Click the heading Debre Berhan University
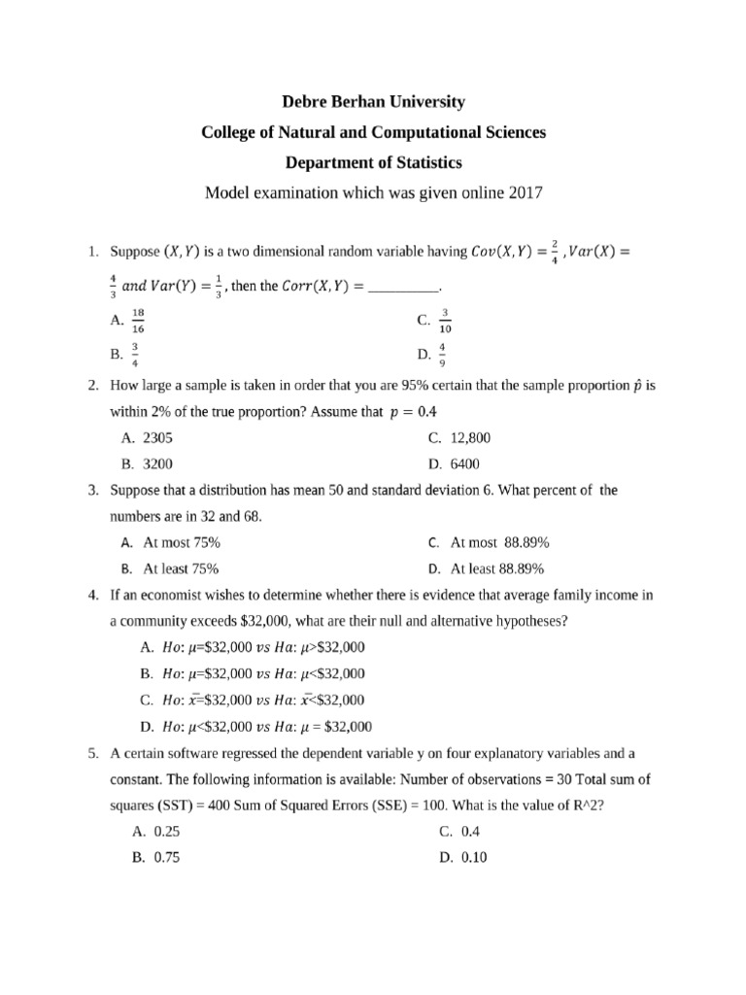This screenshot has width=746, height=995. pyautogui.click(x=373, y=101)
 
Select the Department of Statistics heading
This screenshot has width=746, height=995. pyautogui.click(x=373, y=161)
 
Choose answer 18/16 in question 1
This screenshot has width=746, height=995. pyautogui.click(x=137, y=320)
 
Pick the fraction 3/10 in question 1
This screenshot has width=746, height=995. pyautogui.click(x=446, y=320)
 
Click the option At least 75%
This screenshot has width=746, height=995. pyautogui.click(x=181, y=568)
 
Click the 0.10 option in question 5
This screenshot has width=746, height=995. pyautogui.click(x=475, y=857)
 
